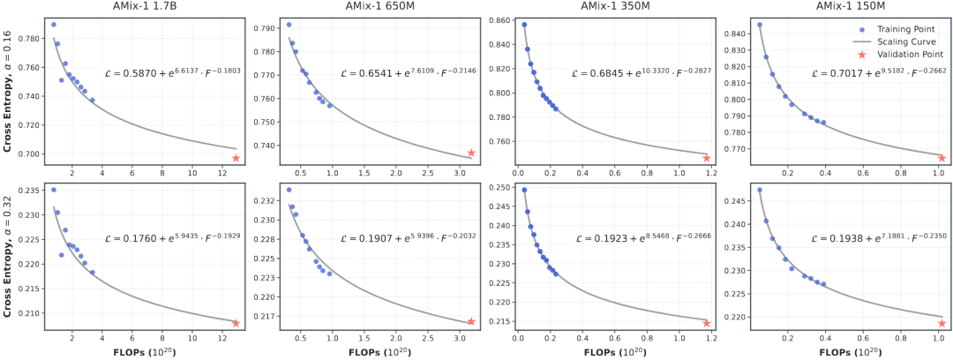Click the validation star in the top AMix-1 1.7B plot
point(236,158)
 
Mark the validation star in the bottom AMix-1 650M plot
point(471,322)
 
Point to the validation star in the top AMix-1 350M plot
point(707,158)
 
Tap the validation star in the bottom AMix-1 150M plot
point(942,323)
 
